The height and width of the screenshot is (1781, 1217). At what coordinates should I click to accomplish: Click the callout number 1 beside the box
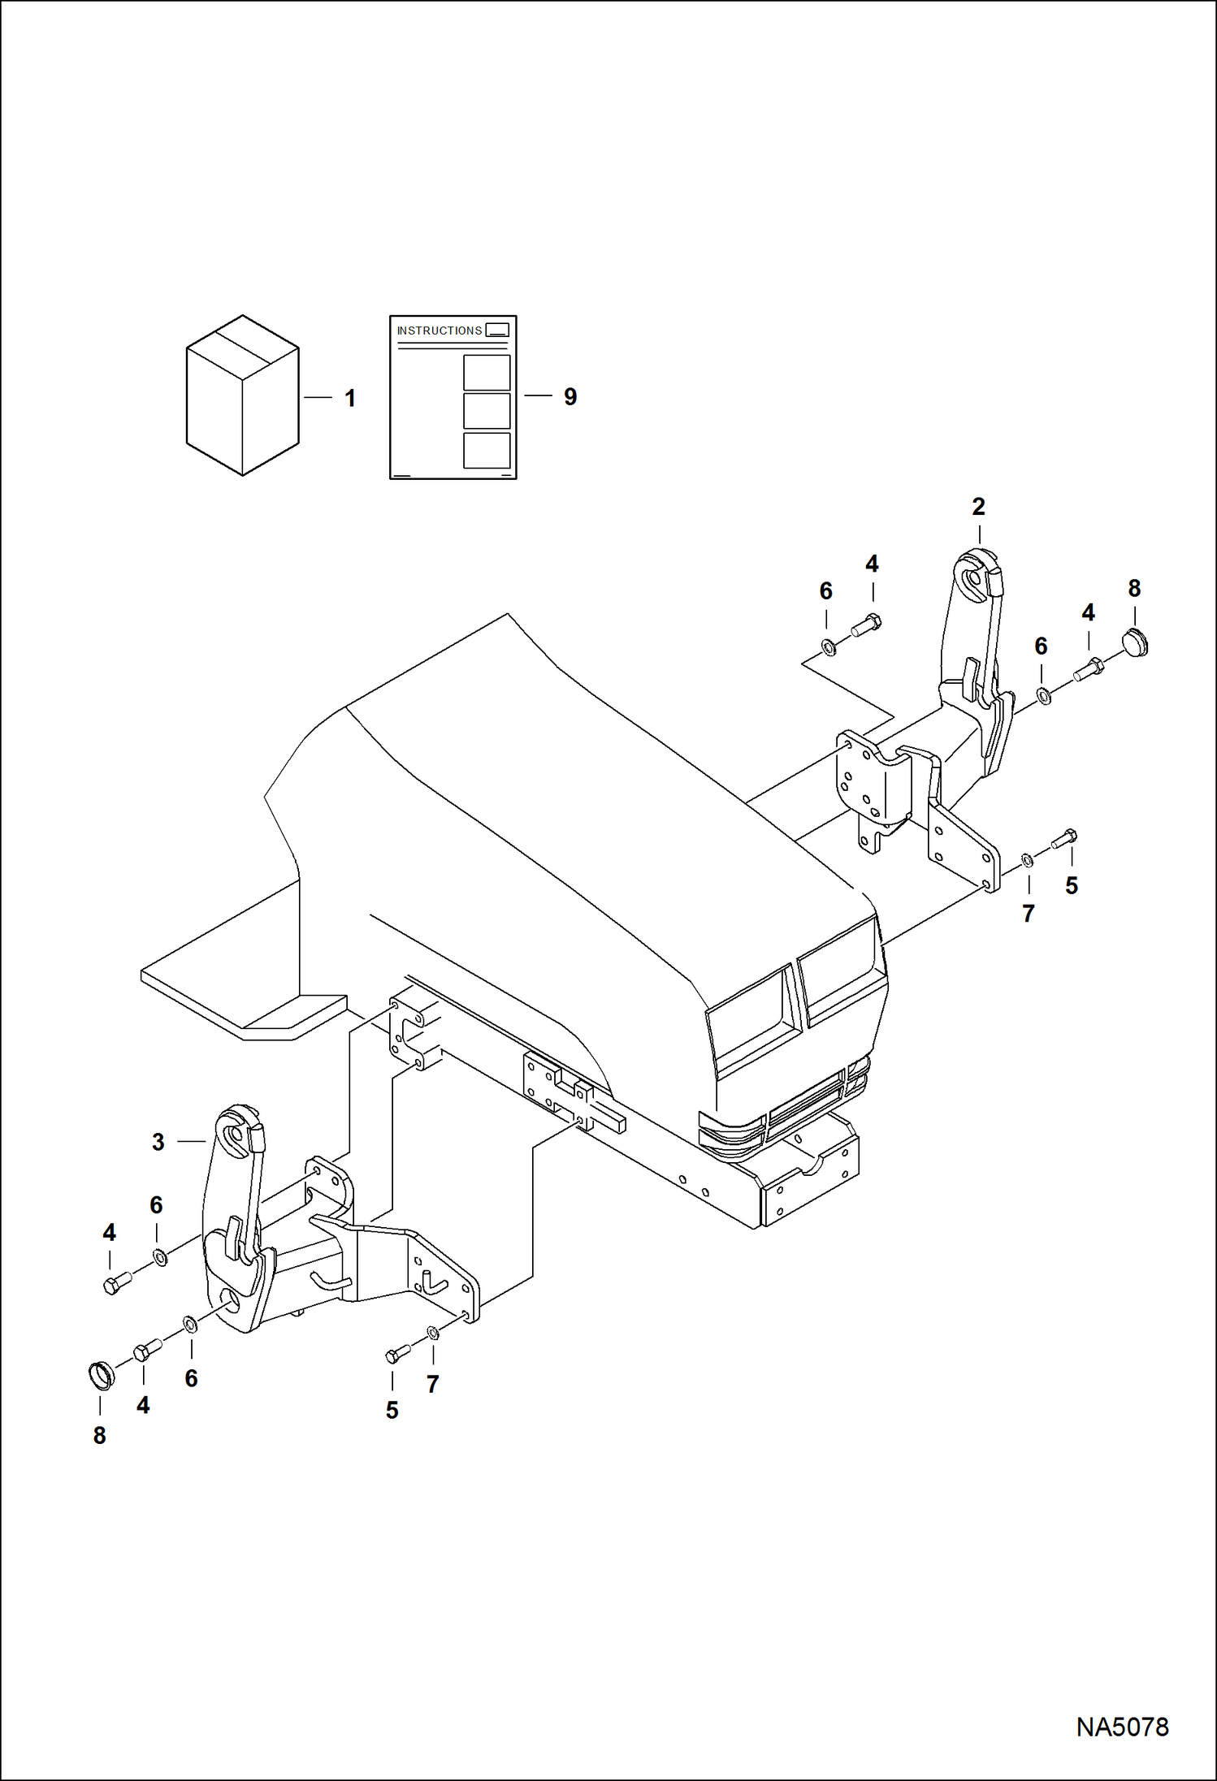coord(350,399)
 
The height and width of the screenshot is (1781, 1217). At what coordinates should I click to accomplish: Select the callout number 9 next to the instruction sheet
coord(570,397)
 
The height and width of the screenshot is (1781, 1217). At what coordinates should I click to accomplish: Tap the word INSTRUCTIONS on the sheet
coord(439,331)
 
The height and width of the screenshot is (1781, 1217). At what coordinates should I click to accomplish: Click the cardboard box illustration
coord(242,396)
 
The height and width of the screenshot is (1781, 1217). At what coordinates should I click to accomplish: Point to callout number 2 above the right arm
coord(978,507)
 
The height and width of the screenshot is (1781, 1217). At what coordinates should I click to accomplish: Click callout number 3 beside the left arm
coord(158,1142)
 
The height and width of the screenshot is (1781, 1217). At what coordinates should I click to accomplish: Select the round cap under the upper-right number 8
coord(1135,642)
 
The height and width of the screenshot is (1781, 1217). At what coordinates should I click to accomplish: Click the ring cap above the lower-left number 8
coord(101,1376)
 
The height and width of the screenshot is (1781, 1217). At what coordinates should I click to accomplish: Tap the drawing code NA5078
coord(1122,1727)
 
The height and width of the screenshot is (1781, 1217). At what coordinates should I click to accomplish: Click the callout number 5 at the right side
coord(1072,886)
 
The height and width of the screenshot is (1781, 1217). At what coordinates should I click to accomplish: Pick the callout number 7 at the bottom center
coord(433,1385)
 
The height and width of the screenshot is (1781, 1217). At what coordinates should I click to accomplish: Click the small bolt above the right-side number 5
coord(1064,839)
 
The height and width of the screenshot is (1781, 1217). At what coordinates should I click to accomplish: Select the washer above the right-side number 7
coord(1027,859)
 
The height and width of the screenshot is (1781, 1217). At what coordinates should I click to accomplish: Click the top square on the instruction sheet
coord(487,373)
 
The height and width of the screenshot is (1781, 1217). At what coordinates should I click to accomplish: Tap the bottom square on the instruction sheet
coord(487,451)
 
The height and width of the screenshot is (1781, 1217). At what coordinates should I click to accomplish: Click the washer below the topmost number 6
coord(829,648)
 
